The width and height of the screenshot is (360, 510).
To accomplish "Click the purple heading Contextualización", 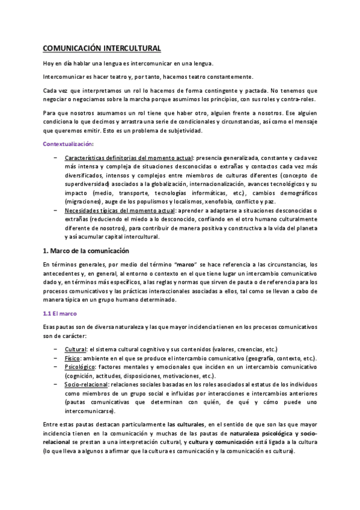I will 68,144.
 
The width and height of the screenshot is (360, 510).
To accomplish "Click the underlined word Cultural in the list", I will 76,349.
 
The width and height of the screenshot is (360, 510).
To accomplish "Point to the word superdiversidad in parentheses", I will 89,182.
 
